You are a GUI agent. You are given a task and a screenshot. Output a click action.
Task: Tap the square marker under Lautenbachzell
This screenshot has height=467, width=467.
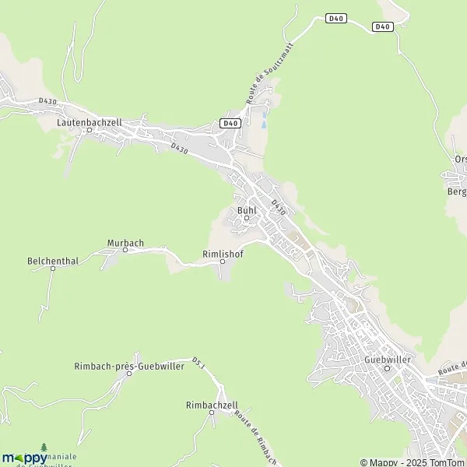coord(89,131)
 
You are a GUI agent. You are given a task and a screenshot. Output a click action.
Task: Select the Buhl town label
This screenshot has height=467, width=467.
coord(247,209)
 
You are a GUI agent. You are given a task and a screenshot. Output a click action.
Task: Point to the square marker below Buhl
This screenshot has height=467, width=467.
coord(247,218)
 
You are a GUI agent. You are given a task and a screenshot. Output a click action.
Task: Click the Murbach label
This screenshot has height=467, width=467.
coord(125,243)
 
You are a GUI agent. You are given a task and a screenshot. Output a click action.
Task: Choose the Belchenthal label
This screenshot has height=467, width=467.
coord(53,260)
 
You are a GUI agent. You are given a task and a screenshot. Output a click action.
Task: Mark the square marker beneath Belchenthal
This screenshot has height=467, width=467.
coord(53,269)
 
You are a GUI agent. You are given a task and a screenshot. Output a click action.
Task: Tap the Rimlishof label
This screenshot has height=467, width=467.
coord(223,253)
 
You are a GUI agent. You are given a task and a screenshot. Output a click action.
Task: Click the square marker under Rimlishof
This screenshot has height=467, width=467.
coord(223,262)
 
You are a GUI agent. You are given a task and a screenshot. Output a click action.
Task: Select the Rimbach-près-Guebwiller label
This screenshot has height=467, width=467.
coord(129,367)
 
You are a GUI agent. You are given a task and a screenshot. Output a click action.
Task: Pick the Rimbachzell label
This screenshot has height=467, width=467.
coord(212,405)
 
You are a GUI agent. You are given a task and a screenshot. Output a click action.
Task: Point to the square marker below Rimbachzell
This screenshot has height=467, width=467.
coord(212,413)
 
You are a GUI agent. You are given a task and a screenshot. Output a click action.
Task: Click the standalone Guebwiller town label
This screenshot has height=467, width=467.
coord(387,360)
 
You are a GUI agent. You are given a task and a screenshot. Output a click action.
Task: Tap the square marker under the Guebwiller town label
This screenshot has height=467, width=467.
coord(388,369)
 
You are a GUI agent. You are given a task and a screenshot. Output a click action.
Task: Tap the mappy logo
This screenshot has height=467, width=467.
coord(25,458)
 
